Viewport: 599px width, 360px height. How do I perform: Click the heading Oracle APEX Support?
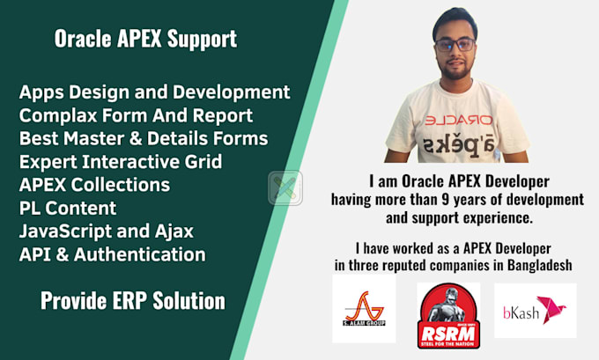[x=145, y=39]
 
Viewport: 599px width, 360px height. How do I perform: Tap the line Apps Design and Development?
[x=154, y=92]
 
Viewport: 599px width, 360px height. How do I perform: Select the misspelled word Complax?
[x=55, y=115]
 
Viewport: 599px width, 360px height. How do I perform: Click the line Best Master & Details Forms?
[x=143, y=138]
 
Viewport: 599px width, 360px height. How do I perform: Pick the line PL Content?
[x=66, y=209]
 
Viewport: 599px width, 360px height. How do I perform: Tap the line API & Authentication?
[x=112, y=255]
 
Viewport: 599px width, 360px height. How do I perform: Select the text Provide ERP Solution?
[x=133, y=301]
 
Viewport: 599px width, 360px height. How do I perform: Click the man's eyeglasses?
[x=455, y=44]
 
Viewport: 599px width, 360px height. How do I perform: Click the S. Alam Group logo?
[x=364, y=309]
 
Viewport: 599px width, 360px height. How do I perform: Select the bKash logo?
[x=535, y=310]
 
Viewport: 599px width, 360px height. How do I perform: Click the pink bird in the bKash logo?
[x=553, y=310]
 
